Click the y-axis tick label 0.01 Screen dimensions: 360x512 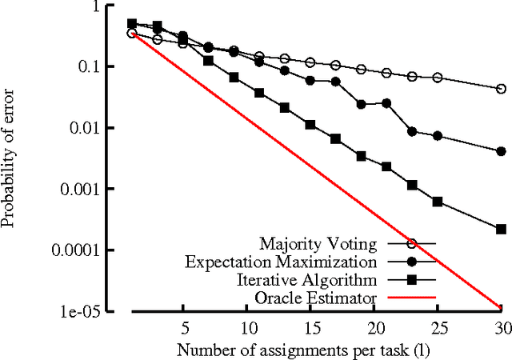[x=101, y=128]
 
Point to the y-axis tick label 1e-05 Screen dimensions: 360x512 [x=97, y=311]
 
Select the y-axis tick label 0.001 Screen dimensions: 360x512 [x=97, y=190]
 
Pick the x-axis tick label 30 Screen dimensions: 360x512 [x=501, y=327]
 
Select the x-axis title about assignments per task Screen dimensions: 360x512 [x=310, y=349]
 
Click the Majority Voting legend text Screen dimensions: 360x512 [x=318, y=242]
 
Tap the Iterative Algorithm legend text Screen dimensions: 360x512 [x=307, y=280]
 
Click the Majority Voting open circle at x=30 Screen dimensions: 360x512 [x=501, y=89]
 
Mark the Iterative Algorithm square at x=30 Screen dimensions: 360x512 [x=501, y=229]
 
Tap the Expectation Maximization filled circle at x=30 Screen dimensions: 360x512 [x=501, y=151]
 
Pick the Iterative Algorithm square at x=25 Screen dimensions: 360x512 [x=437, y=202]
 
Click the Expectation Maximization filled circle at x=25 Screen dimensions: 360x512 [x=437, y=136]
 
